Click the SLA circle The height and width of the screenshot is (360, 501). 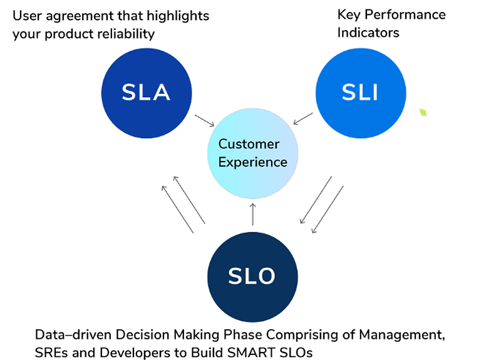[147, 93]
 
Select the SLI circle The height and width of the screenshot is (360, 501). [361, 93]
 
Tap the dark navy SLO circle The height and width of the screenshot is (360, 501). [252, 277]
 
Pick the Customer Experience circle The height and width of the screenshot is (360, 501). [253, 153]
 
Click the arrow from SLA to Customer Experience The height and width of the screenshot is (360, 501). [205, 120]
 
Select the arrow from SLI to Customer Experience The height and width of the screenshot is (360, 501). [303, 118]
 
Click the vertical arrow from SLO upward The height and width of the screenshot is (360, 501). [253, 214]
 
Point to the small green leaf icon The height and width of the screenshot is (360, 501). [423, 112]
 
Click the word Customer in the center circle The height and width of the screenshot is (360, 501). [249, 144]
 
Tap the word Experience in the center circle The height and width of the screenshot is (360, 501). [253, 162]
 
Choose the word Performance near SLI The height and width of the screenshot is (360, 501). [405, 14]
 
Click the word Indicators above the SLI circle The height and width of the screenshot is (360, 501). [368, 33]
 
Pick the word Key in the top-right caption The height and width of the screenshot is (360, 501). [349, 15]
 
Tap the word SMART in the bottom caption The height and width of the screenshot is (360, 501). [252, 352]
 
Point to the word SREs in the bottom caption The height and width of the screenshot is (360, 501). [51, 352]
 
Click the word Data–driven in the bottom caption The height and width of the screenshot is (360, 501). [73, 335]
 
